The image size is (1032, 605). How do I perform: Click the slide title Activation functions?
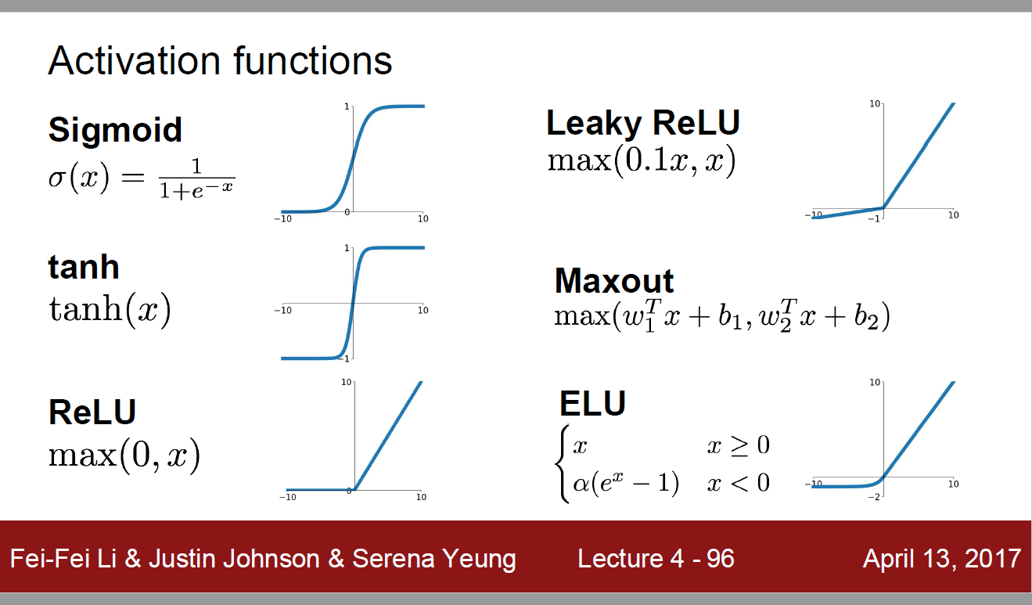(220, 61)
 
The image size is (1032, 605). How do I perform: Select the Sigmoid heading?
(115, 131)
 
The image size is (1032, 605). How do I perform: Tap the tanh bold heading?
(84, 266)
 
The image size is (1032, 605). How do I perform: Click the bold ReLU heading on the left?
(92, 412)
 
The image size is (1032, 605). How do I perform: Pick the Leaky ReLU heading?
(643, 124)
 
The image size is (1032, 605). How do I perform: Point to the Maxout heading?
(614, 281)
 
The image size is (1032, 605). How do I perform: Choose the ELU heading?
(592, 403)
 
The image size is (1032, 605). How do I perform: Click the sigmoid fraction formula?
(142, 178)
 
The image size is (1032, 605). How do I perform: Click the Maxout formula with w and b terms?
(721, 316)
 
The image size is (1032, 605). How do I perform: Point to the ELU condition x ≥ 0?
(739, 445)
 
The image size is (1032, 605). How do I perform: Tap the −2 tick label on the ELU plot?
(874, 497)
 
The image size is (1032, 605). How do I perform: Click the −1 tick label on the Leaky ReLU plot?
(874, 219)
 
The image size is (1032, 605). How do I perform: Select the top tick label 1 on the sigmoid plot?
(347, 107)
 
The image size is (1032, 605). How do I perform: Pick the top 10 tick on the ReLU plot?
(346, 382)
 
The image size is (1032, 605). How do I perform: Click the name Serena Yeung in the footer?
(434, 559)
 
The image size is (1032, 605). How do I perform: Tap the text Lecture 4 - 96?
(656, 559)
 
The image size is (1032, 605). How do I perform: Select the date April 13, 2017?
(942, 559)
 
